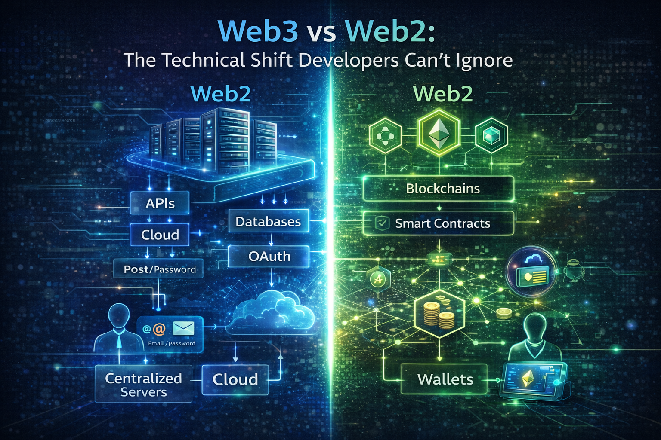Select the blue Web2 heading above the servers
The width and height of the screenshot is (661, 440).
coord(221,94)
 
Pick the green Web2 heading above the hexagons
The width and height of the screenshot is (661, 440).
coord(443,94)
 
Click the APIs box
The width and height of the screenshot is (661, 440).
coord(160,203)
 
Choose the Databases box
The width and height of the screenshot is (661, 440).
coord(268,221)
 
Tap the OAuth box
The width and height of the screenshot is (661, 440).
coord(269,256)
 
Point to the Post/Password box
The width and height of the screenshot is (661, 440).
coord(159,269)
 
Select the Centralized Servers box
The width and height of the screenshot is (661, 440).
coord(143,384)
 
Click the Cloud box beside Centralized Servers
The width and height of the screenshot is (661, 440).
coord(235,379)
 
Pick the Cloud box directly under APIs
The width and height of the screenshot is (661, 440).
coord(160,235)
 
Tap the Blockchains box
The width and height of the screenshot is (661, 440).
coord(439,189)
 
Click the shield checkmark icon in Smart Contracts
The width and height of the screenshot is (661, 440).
coord(381,223)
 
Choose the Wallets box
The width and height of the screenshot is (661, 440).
coord(444,379)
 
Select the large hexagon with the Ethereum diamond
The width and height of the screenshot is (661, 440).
coord(439,133)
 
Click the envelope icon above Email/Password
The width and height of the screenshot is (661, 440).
coord(183,328)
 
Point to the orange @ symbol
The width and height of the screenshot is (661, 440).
coord(159,329)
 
